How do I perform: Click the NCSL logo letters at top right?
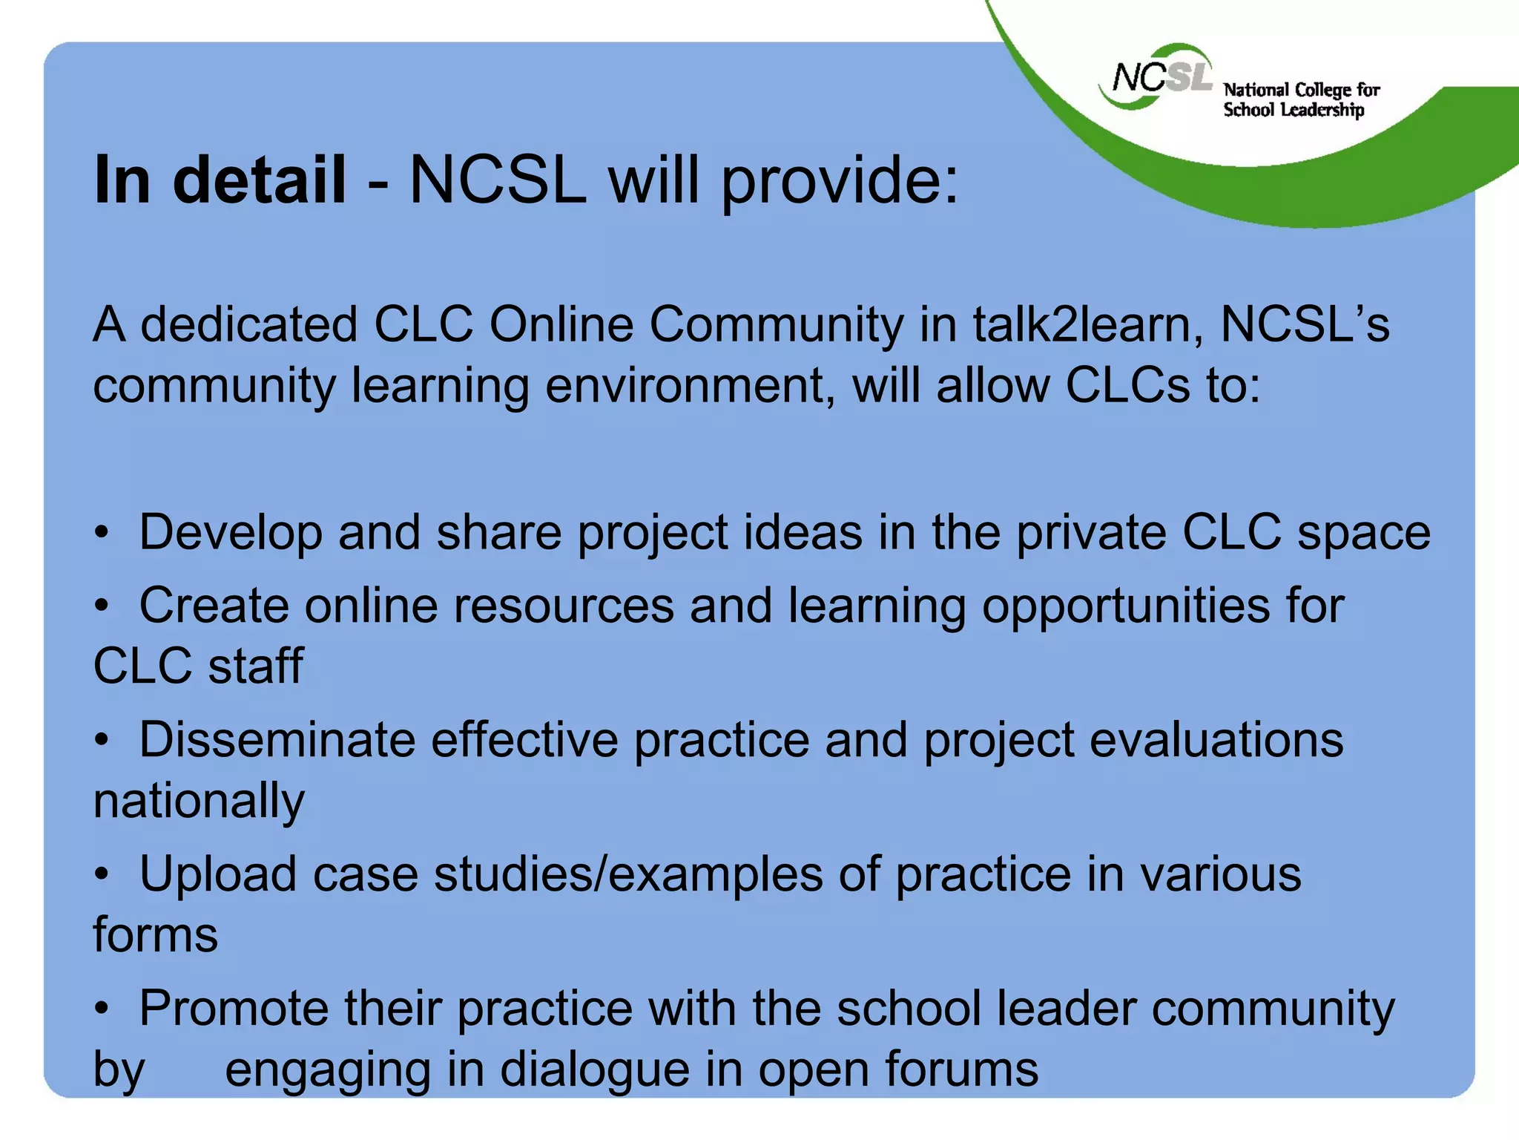click(1162, 77)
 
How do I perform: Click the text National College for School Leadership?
click(1300, 100)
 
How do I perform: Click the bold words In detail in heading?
click(220, 180)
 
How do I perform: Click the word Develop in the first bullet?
click(231, 534)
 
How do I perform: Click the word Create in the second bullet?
click(214, 606)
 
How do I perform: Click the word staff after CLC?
click(255, 666)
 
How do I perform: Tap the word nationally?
click(199, 802)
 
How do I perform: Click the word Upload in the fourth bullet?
click(218, 874)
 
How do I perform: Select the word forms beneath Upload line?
click(155, 934)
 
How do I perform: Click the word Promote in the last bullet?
click(234, 1009)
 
